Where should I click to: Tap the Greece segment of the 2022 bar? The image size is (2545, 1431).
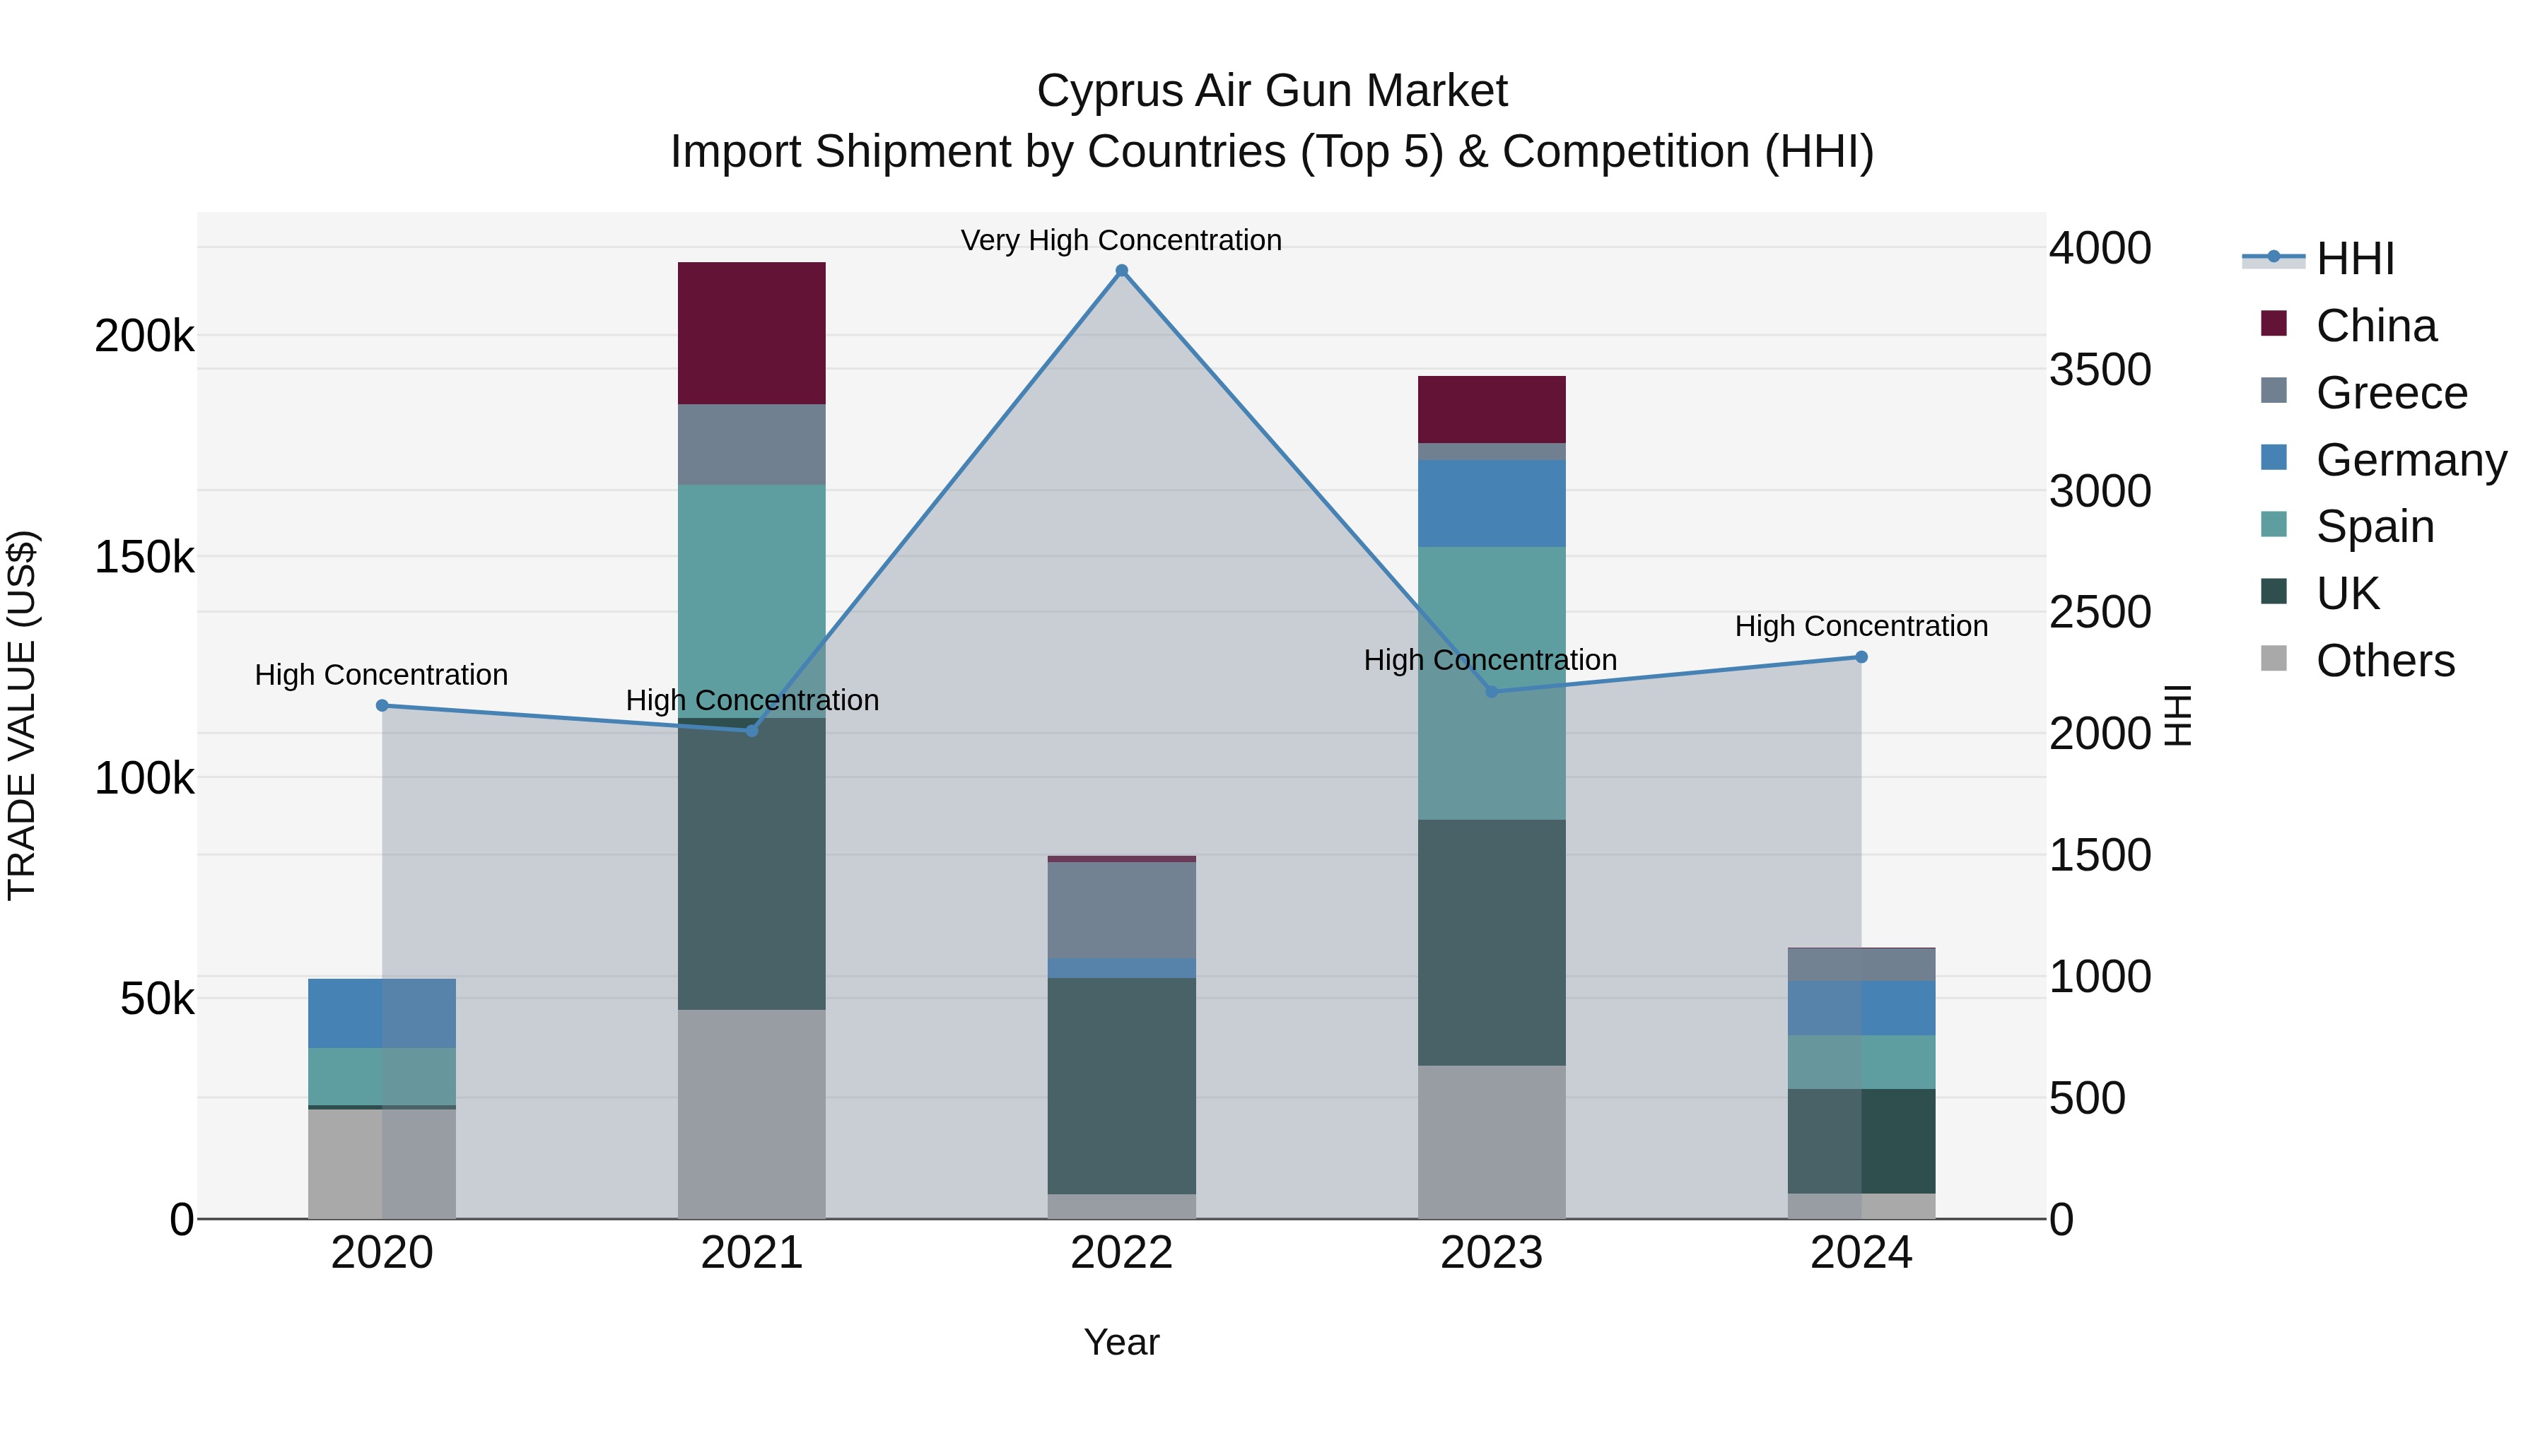pos(1121,909)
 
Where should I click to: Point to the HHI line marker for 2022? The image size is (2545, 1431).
pos(1121,271)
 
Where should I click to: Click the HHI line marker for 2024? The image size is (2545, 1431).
pos(1861,656)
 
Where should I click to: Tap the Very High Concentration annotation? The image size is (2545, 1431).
pos(1121,240)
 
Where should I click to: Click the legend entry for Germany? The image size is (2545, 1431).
pos(2411,460)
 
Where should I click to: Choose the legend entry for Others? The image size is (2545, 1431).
pos(2384,661)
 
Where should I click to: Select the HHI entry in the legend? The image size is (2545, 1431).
pos(2354,259)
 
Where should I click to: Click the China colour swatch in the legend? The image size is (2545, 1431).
pos(2274,324)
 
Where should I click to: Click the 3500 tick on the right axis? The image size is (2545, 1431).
pos(2100,370)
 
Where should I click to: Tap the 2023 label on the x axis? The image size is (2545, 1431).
pos(1491,1253)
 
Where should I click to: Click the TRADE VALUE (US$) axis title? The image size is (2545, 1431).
pos(22,715)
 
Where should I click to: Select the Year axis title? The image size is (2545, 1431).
pos(1121,1342)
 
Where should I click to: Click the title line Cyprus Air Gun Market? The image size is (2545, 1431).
pos(1272,91)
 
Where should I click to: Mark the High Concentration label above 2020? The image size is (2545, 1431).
pos(381,675)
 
